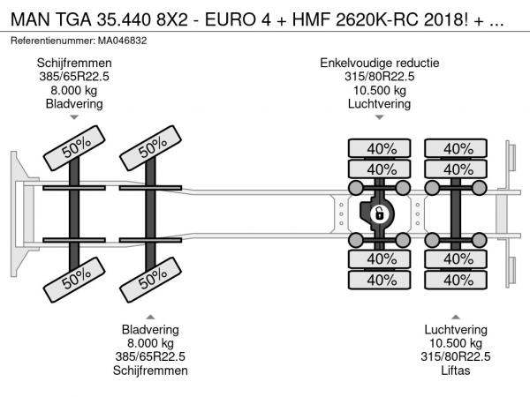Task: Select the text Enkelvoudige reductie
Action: click(380, 64)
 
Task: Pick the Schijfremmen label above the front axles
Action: click(74, 64)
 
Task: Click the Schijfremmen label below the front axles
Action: click(151, 371)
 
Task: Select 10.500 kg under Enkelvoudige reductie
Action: click(380, 90)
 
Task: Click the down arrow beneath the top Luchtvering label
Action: click(380, 117)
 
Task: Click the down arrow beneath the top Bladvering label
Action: click(74, 117)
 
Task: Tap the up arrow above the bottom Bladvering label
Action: click(151, 316)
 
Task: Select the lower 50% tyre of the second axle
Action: click(151, 281)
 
